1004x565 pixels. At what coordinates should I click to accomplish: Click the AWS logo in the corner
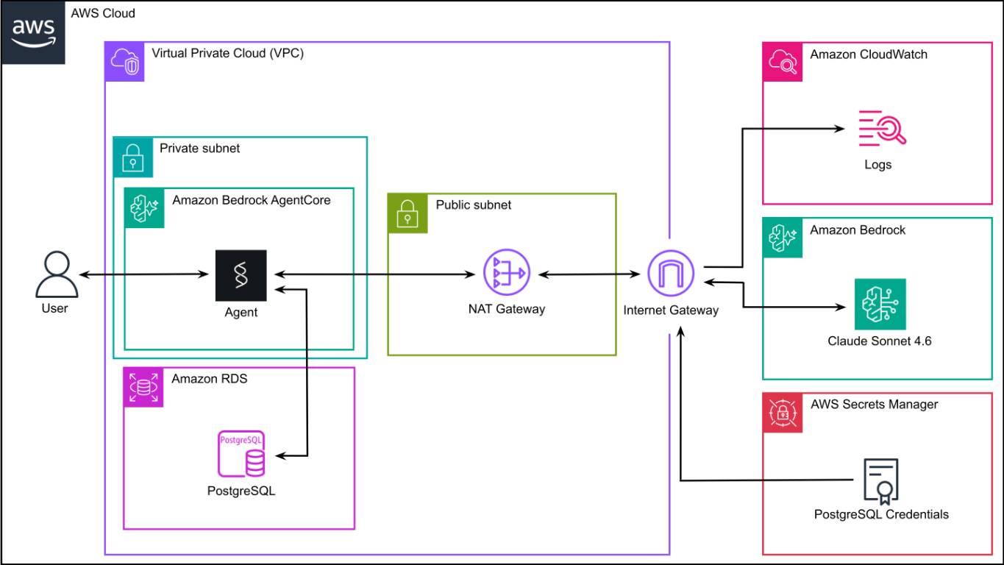[x=33, y=32]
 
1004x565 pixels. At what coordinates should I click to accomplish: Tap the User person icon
[x=57, y=274]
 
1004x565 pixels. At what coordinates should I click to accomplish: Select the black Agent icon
[x=241, y=275]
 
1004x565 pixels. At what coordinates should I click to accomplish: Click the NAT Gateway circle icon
[x=507, y=272]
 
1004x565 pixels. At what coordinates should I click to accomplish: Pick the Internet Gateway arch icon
[x=671, y=273]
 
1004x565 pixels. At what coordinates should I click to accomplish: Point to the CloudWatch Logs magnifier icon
[x=882, y=128]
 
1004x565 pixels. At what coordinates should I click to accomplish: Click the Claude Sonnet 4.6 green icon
[x=880, y=304]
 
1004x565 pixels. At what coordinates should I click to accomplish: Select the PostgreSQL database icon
[x=241, y=454]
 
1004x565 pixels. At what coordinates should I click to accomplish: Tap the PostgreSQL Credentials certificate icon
[x=880, y=481]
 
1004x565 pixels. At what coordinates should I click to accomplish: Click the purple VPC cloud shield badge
[x=124, y=62]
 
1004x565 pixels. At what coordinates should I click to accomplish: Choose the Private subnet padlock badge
[x=132, y=157]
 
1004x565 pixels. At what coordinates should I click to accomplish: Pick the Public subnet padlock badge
[x=407, y=213]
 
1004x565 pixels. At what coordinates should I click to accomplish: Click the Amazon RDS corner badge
[x=143, y=387]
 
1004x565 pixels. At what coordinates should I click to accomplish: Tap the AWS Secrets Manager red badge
[x=783, y=413]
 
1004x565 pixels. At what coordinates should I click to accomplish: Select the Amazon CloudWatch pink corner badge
[x=783, y=62]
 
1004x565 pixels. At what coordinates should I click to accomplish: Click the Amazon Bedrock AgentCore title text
[x=252, y=200]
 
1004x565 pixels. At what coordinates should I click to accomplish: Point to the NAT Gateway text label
[x=507, y=309]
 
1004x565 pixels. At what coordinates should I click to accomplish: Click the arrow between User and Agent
[x=144, y=274]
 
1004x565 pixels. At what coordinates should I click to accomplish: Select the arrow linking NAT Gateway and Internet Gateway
[x=589, y=274]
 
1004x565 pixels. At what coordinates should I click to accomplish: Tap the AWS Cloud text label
[x=103, y=13]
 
